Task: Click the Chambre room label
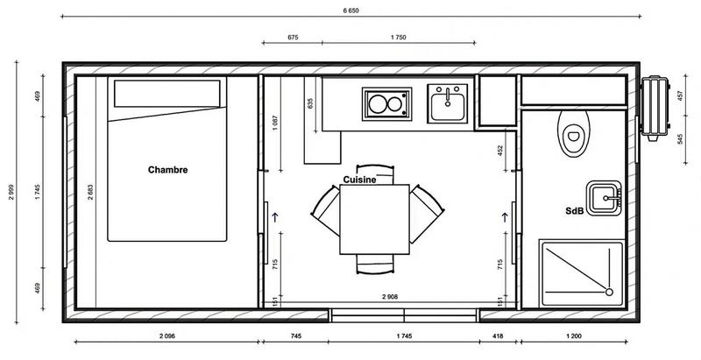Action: [168, 170]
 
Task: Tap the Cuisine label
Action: [359, 179]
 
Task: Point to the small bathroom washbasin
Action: [604, 198]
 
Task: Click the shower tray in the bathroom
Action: [580, 270]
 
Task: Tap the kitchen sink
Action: [450, 104]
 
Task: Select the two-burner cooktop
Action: [386, 104]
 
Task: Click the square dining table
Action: [374, 218]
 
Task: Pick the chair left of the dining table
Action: [325, 211]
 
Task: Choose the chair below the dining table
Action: [373, 264]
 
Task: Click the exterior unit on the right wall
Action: [653, 107]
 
